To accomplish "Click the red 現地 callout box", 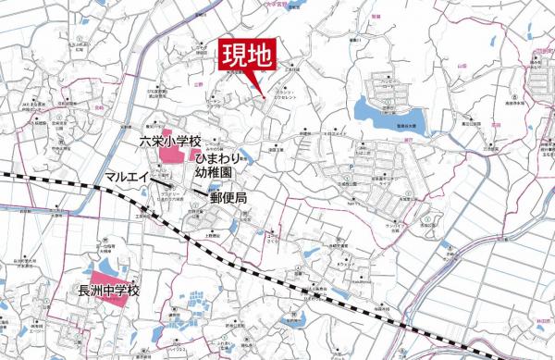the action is click(x=246, y=55).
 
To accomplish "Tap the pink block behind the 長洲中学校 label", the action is click(x=111, y=278).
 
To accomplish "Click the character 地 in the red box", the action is click(x=260, y=55).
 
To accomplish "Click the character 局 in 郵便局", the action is click(x=241, y=198).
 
